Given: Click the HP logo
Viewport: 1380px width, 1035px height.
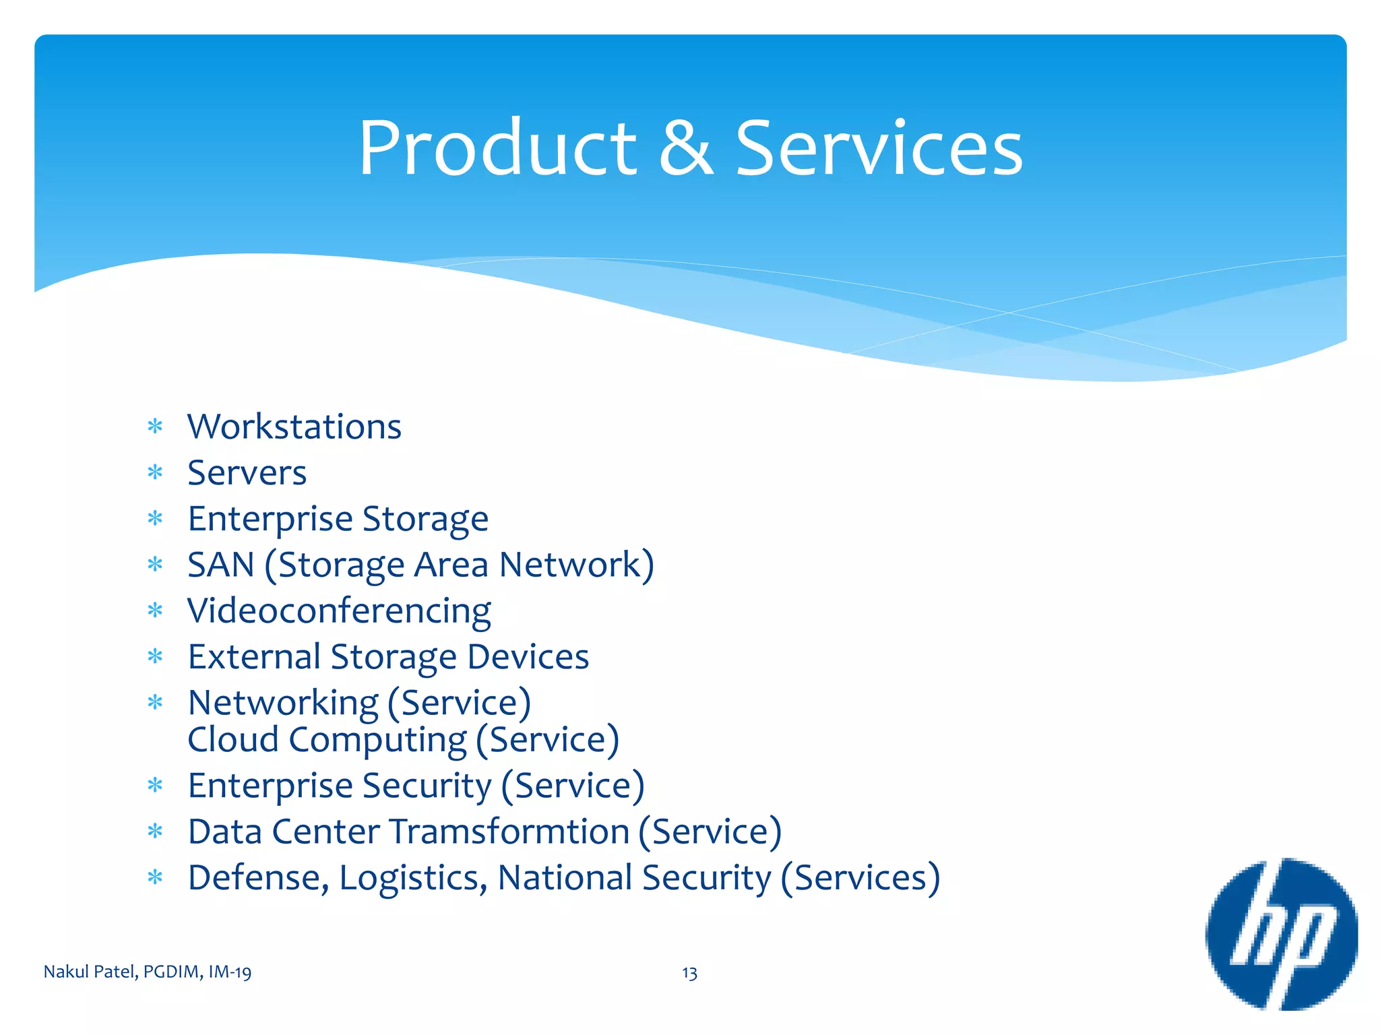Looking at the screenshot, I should click(x=1281, y=934).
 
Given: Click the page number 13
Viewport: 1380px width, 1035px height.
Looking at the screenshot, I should click(x=689, y=973).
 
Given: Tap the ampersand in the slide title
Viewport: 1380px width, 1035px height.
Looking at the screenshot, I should click(x=685, y=148).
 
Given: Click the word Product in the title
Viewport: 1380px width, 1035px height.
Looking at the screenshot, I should click(x=497, y=148).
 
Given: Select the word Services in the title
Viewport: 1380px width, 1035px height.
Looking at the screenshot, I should click(x=879, y=148).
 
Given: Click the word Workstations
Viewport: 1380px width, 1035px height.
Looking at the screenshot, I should click(x=294, y=427).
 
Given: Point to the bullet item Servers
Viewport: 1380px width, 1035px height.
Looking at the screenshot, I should click(x=247, y=472).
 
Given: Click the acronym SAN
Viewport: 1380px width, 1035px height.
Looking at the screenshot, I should click(x=221, y=565).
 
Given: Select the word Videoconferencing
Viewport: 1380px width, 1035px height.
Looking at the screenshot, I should click(x=339, y=611).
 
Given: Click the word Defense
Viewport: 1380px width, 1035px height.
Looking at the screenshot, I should click(x=259, y=878).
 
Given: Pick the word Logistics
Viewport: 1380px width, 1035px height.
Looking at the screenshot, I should click(x=413, y=878).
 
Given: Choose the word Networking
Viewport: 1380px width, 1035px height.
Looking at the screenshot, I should click(x=283, y=703).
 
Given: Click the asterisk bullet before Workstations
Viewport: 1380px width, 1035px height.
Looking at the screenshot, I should click(x=156, y=427).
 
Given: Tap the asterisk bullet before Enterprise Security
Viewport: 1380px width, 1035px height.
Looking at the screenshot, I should click(x=156, y=786).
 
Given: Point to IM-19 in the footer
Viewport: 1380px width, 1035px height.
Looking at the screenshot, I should click(x=230, y=972).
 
